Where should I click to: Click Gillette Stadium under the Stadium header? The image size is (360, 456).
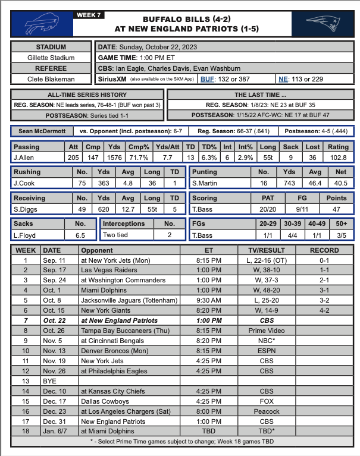[x=51, y=58]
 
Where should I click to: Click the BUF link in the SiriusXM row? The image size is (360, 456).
[x=208, y=79]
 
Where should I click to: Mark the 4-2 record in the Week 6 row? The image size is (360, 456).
[x=325, y=310]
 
